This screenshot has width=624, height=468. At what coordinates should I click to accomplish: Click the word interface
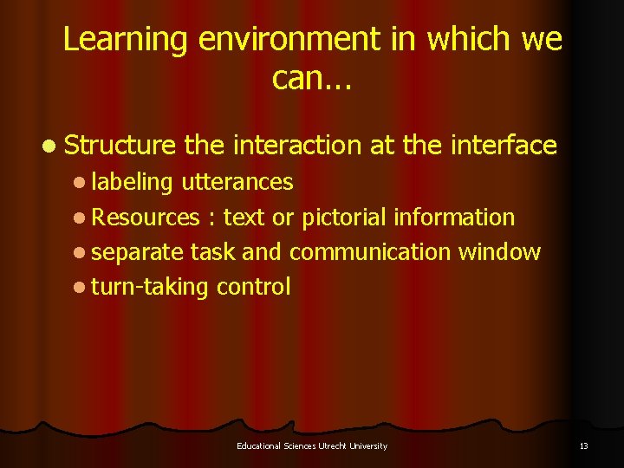tap(504, 146)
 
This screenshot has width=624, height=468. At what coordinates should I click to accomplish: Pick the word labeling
tap(132, 182)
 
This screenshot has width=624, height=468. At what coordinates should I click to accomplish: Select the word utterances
tap(237, 182)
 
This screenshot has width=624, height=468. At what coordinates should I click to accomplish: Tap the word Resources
tap(145, 218)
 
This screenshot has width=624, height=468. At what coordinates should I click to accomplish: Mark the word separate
tap(137, 252)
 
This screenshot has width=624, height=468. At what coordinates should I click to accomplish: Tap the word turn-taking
tap(149, 288)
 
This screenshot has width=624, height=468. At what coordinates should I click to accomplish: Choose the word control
tap(253, 287)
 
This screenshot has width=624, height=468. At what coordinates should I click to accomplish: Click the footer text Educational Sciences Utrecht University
tap(312, 445)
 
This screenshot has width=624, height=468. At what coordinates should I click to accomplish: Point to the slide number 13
tap(583, 445)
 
